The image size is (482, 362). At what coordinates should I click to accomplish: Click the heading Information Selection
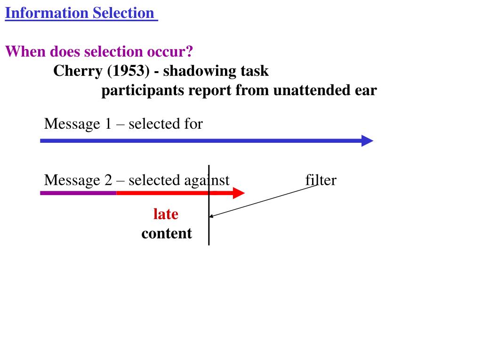click(80, 13)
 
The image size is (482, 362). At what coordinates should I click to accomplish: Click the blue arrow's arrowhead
click(367, 140)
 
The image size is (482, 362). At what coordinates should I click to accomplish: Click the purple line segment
click(78, 193)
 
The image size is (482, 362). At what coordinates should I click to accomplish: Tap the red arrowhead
click(239, 193)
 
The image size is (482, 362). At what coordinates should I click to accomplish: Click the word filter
click(321, 180)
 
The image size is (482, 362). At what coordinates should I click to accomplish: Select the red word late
click(166, 214)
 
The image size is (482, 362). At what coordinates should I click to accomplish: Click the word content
click(167, 233)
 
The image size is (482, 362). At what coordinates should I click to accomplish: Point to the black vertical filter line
click(209, 231)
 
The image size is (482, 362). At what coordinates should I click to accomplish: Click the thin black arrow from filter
click(264, 201)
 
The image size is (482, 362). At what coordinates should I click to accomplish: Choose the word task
click(254, 71)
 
